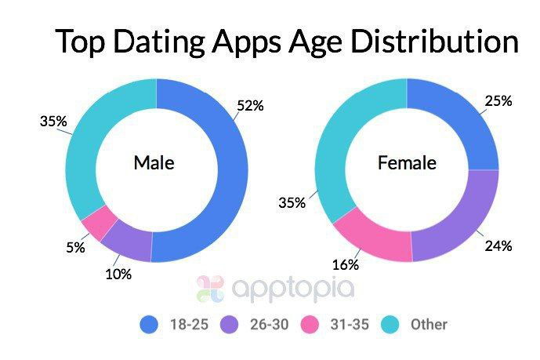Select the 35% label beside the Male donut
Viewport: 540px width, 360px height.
click(52, 122)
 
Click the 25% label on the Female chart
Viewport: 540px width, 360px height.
click(498, 100)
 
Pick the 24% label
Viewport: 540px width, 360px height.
click(498, 246)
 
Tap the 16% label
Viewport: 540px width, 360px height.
click(346, 267)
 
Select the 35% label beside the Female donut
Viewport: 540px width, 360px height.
click(291, 202)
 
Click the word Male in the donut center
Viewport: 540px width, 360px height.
click(154, 163)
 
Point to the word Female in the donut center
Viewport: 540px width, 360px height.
click(407, 163)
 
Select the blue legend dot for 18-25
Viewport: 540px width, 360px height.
click(150, 323)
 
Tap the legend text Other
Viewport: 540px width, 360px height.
click(429, 323)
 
